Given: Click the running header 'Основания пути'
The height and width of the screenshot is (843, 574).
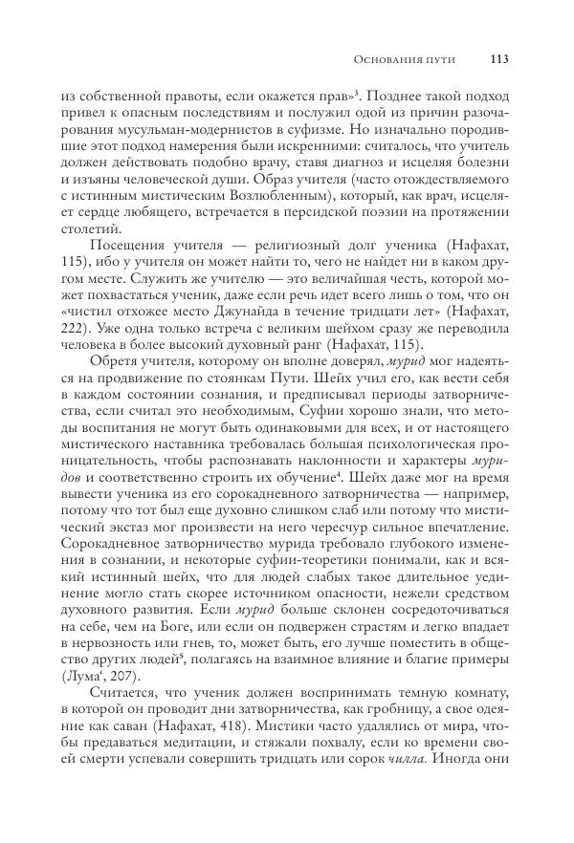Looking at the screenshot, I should (404, 60).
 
